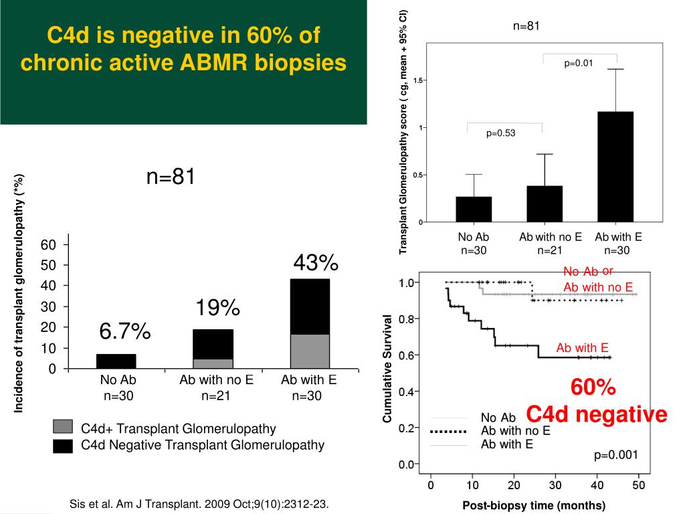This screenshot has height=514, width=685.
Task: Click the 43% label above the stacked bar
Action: [316, 264]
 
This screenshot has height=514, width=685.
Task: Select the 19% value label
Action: [217, 309]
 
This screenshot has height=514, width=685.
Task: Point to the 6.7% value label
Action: [125, 331]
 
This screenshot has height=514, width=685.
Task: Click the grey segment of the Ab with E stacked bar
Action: [310, 351]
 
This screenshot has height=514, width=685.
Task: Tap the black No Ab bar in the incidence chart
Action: [116, 361]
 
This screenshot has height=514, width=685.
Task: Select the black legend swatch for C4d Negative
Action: [62, 445]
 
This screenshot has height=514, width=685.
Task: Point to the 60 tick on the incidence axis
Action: [48, 244]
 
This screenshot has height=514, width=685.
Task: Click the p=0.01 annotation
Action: [579, 64]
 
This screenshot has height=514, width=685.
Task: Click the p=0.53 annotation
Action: [501, 133]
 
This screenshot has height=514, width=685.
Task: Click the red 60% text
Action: [593, 388]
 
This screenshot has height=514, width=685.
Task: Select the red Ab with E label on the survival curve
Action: [582, 348]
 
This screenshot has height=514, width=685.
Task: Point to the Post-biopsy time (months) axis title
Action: [534, 505]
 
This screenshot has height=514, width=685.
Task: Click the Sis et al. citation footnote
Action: [200, 503]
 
